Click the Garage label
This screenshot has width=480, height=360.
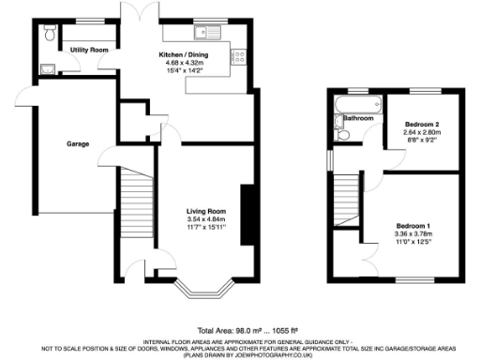tap(77, 145)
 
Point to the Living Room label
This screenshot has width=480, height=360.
tap(206, 211)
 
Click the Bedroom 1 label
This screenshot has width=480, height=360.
tap(413, 225)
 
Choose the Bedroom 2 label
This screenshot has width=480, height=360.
tap(422, 124)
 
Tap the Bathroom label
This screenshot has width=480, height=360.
tap(357, 119)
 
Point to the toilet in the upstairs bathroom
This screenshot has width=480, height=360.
tap(343, 135)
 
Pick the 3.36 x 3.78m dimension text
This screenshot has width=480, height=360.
tap(413, 234)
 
